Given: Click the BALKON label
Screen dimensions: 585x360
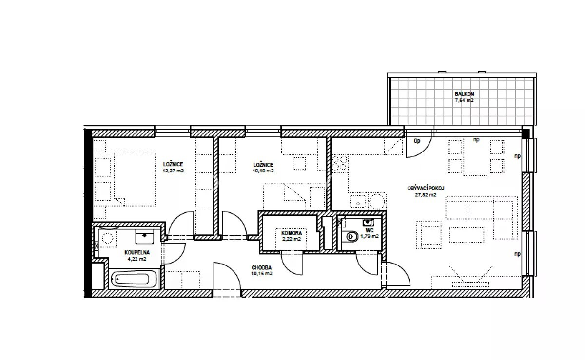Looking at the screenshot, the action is [x=464, y=94].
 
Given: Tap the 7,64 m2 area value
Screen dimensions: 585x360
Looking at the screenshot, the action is [x=464, y=100].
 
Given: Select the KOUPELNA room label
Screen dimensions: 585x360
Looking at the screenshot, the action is [x=137, y=252].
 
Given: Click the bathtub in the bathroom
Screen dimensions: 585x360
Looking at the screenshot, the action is [x=134, y=279].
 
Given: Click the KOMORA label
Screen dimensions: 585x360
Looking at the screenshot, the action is [x=292, y=233].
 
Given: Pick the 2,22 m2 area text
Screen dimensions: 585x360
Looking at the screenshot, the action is [x=292, y=239].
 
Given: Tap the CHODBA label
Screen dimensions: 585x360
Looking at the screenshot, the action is [x=261, y=267].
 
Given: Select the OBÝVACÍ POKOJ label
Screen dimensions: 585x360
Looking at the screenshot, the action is [x=426, y=188].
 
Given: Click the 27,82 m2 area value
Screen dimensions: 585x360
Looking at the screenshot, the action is [x=426, y=195].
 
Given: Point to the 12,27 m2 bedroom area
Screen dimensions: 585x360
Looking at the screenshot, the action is [x=173, y=171].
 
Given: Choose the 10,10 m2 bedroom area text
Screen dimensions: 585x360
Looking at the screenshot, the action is [x=263, y=171].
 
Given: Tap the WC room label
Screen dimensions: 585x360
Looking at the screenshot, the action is [x=370, y=230].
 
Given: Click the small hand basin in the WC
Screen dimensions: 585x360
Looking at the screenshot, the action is [x=368, y=222].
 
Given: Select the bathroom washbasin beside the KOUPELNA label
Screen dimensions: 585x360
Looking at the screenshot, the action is [x=144, y=236].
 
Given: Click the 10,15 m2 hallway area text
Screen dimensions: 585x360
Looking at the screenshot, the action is [x=261, y=274].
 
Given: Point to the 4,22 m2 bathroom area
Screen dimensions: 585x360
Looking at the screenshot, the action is [x=137, y=259].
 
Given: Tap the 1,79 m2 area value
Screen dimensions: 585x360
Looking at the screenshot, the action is [x=370, y=237].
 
